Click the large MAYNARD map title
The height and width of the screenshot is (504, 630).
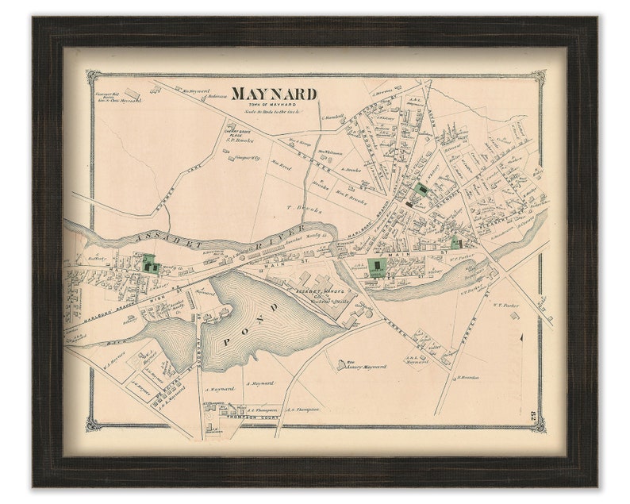tap(274, 94)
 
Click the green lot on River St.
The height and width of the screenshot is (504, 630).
tap(148, 262)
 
